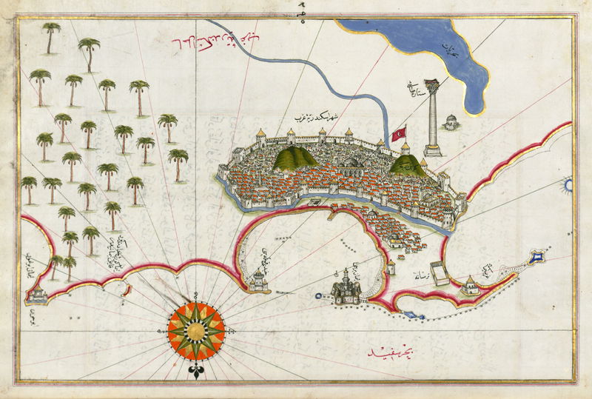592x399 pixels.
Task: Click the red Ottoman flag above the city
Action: [x=400, y=133]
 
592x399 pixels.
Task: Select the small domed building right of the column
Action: [x=451, y=121]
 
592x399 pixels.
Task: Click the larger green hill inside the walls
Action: [x=295, y=157]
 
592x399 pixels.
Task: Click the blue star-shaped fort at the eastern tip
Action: [x=538, y=258]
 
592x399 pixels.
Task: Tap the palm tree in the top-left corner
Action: [x=51, y=36]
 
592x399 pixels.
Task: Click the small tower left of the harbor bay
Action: [x=258, y=279]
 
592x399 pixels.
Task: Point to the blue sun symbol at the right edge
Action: [x=568, y=184]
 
